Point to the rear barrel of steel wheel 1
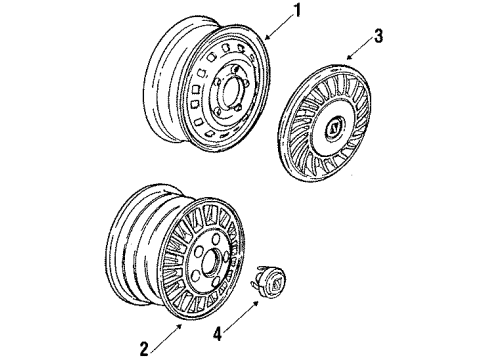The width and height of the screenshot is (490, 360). [165, 80]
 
